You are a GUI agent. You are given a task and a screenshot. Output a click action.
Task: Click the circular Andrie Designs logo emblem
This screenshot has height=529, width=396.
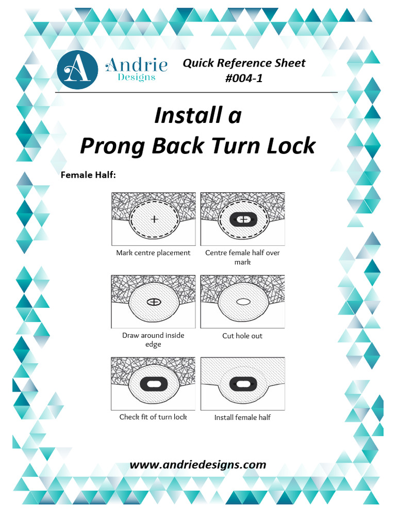point(77,70)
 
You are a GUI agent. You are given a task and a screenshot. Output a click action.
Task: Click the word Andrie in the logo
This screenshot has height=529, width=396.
point(136,65)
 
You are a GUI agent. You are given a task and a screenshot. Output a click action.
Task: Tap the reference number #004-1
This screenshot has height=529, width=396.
point(244,79)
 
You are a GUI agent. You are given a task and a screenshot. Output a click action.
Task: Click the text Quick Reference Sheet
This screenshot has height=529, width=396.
point(244,63)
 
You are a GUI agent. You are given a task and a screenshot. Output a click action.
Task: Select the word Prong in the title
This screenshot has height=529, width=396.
point(112,146)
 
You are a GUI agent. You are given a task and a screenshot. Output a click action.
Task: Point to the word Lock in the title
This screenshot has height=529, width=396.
point(291,146)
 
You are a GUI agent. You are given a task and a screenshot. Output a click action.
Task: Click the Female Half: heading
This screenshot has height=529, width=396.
point(88,175)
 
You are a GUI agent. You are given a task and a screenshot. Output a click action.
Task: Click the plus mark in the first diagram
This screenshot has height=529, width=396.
point(154,219)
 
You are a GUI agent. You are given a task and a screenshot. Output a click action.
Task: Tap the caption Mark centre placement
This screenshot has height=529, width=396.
point(153,253)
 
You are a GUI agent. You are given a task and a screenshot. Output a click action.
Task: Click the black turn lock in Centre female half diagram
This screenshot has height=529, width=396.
point(242,220)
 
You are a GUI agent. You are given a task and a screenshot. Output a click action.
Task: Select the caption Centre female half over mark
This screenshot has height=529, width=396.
point(242,257)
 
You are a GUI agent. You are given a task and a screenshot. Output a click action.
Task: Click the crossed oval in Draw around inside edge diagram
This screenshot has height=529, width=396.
point(154,301)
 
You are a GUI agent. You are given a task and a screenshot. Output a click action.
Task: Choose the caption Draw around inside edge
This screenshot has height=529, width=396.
point(153,340)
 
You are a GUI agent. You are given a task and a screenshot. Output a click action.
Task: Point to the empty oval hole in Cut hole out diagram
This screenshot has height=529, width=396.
point(242,302)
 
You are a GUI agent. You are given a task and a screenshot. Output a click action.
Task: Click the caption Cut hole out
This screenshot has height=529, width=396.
point(242,336)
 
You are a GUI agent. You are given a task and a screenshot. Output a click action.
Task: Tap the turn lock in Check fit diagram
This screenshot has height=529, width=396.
point(154,384)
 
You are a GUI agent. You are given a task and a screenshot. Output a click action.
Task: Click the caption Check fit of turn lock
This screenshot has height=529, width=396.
point(153,417)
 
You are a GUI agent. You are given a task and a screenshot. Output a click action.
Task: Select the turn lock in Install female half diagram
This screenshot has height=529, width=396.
point(242,384)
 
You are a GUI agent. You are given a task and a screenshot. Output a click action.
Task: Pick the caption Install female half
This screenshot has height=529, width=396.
point(242,417)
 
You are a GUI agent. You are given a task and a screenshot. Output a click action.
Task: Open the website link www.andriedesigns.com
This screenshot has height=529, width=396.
point(198,464)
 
